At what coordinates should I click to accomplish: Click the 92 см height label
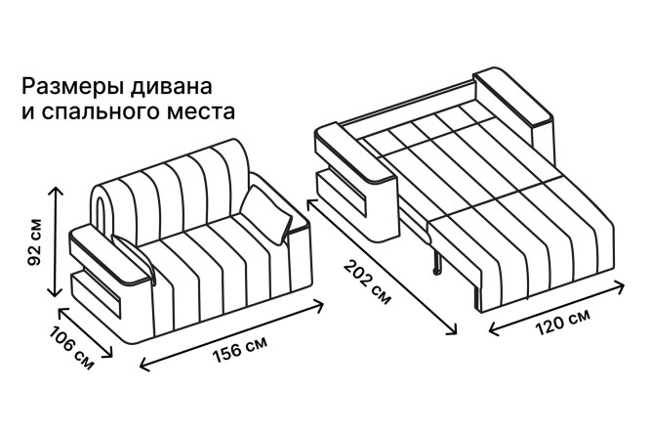(x=34, y=242)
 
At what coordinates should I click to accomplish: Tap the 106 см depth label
(x=71, y=348)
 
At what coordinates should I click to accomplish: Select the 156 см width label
(x=240, y=349)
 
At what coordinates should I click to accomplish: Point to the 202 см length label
(x=367, y=282)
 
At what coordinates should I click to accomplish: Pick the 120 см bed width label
(x=562, y=323)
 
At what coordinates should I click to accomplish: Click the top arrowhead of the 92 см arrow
(x=56, y=190)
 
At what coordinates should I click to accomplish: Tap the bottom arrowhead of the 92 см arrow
(x=56, y=293)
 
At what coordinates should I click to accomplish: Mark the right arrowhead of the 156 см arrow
(x=319, y=306)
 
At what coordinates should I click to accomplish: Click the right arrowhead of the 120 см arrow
(x=621, y=286)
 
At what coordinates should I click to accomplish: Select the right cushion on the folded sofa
(x=267, y=214)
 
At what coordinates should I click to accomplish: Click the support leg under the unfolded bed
(x=437, y=262)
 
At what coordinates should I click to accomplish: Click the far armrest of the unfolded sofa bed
(x=513, y=98)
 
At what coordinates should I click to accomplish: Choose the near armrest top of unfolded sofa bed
(x=355, y=152)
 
